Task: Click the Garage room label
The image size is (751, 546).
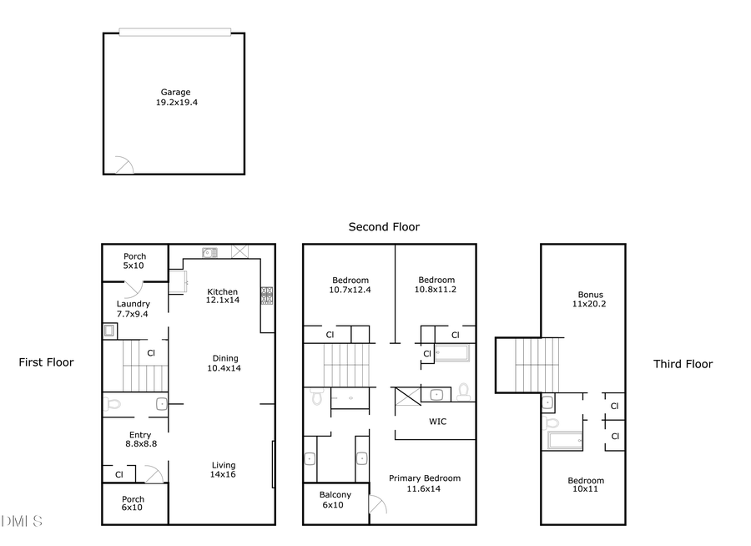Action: (176, 97)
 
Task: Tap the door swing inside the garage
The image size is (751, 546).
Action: (123, 164)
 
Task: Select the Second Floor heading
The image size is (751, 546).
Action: (384, 226)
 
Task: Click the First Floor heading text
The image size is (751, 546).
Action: (46, 362)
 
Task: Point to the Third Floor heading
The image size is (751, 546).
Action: (683, 364)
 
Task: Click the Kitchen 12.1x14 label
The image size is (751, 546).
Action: (223, 296)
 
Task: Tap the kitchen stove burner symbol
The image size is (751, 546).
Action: (267, 296)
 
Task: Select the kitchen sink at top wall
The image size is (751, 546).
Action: (209, 251)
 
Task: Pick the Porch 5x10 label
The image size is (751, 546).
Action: (134, 261)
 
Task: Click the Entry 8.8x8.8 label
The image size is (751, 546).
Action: (139, 439)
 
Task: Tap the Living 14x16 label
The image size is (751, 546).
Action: (223, 470)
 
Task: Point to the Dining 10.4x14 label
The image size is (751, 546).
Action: (223, 362)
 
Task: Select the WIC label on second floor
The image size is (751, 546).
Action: (437, 422)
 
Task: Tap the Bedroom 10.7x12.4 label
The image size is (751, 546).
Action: (350, 285)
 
